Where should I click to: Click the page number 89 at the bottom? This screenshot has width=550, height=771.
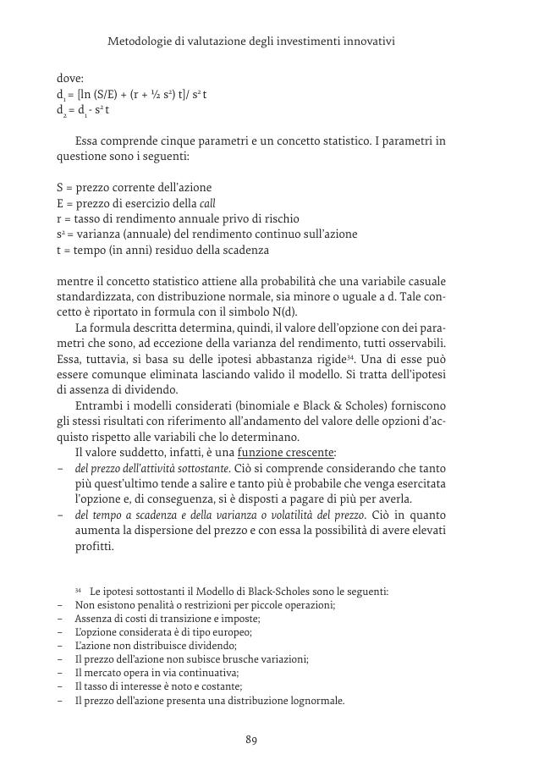click(251, 740)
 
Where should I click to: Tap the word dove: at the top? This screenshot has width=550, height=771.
click(70, 78)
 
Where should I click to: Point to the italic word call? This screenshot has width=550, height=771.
click(207, 202)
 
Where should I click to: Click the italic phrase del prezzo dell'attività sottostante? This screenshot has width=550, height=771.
click(151, 468)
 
